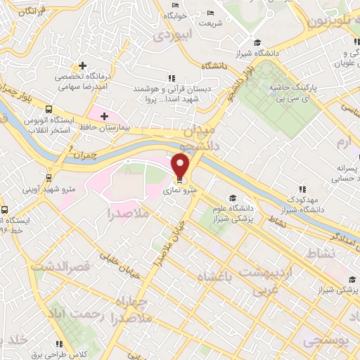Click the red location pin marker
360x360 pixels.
pos(181,165)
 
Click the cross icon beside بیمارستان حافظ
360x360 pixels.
pos(104,115)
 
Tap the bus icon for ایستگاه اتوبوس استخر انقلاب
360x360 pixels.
pos(49,110)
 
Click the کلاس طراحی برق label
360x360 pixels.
pos(84,354)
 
